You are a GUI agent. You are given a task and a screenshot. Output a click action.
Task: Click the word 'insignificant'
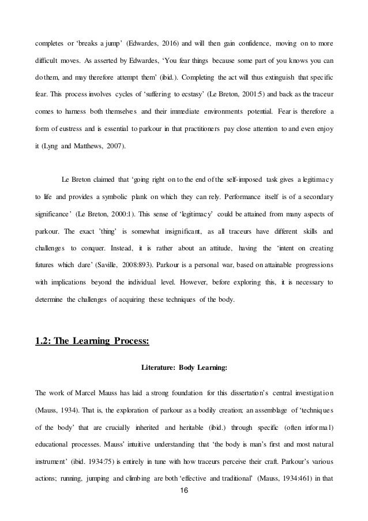(x=171, y=233)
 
